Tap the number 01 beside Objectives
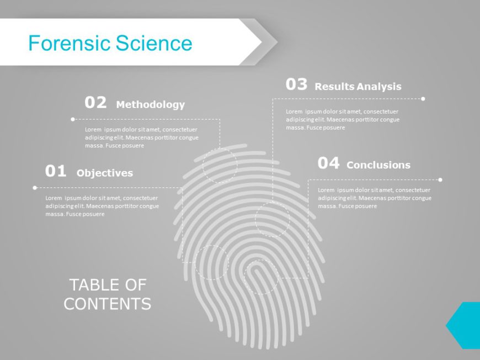56,171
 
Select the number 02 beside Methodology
95,103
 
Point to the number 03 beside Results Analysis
296,84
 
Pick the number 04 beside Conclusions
328,163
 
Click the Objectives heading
105,173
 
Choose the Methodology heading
150,105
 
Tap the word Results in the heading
334,87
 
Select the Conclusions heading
378,165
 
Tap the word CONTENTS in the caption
108,304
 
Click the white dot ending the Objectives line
35,187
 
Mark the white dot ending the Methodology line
73,119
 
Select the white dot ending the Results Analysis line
423,99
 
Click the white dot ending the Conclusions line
440,179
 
